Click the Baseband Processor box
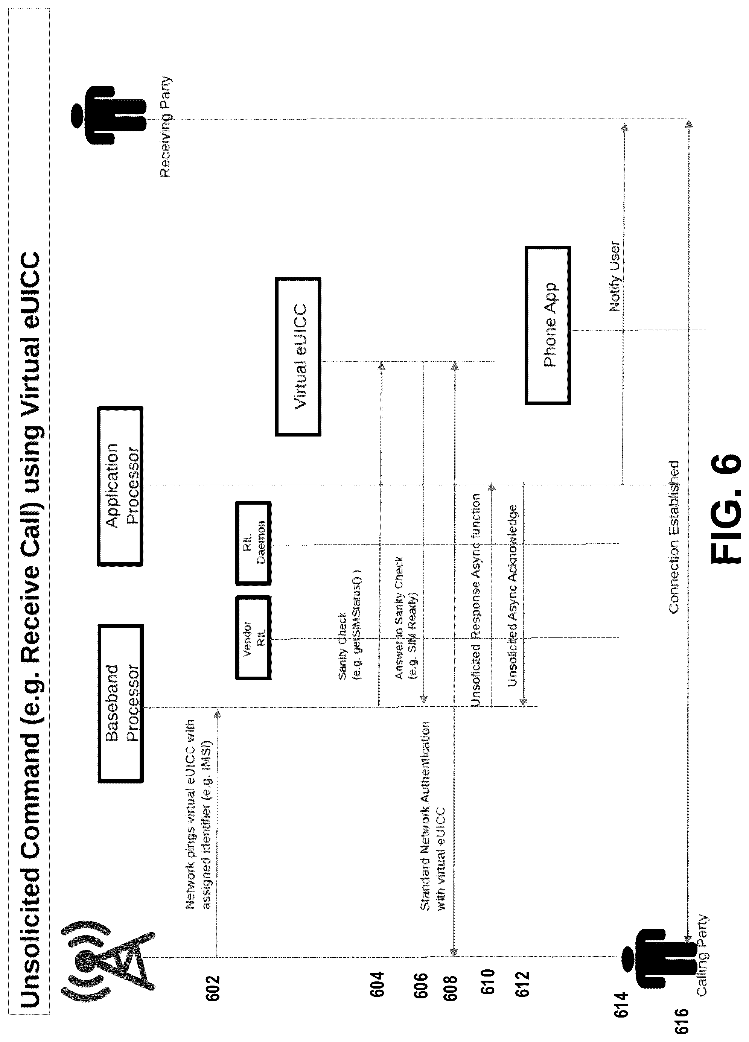point(121,703)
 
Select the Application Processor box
point(120,485)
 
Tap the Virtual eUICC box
point(298,356)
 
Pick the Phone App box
point(548,325)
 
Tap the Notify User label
point(614,277)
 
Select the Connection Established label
point(674,537)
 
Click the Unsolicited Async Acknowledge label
point(513,596)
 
